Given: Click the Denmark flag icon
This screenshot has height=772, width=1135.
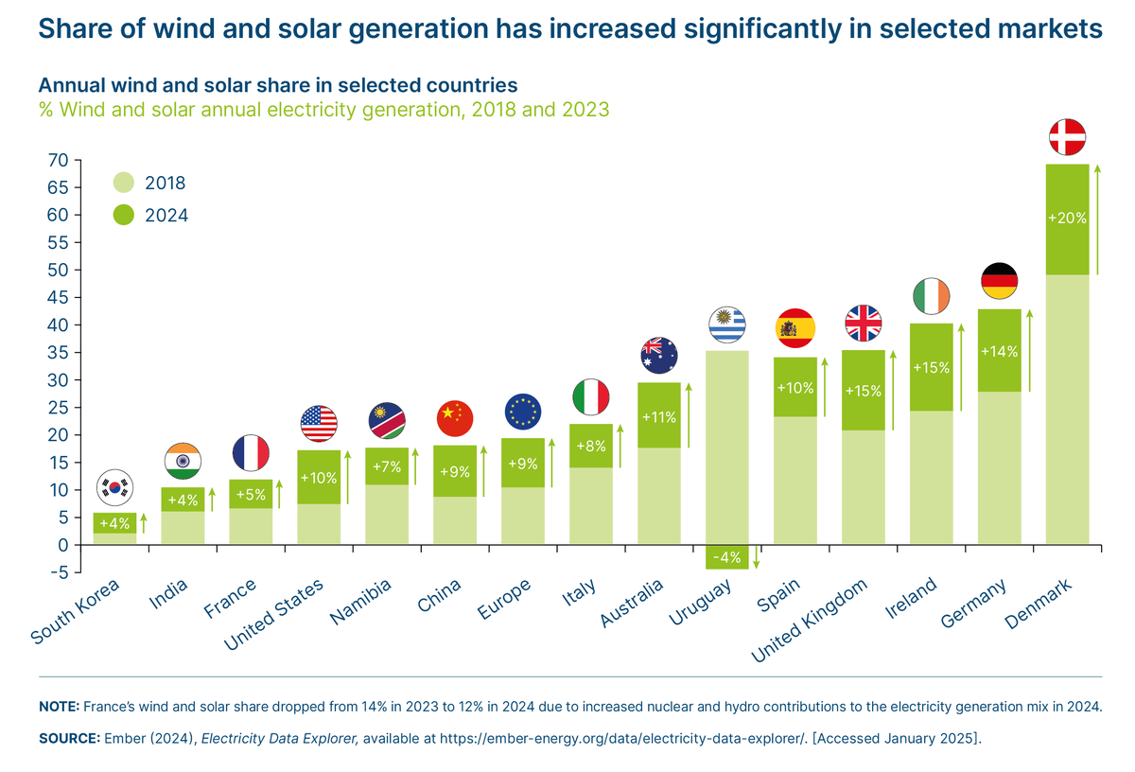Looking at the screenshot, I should click(1067, 137).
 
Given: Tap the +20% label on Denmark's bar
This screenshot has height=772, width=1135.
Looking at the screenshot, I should click(1067, 218).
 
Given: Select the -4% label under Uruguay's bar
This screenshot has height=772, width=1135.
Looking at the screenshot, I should click(726, 557).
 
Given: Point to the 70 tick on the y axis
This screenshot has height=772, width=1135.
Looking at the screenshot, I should click(57, 160).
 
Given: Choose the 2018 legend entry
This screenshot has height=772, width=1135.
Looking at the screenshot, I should click(165, 183).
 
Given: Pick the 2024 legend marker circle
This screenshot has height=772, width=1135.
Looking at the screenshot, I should click(124, 216).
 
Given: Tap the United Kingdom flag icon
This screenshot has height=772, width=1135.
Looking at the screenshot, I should click(863, 323).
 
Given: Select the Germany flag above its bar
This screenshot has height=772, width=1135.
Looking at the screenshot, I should click(999, 280).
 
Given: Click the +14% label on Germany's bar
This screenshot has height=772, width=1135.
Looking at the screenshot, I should click(999, 352).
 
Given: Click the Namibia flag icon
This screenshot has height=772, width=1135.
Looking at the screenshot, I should click(386, 420).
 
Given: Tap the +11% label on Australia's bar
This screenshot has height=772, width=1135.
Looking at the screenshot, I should click(658, 416).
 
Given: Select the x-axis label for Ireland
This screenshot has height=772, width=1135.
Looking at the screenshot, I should click(912, 598).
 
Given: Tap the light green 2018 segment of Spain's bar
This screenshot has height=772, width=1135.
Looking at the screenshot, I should click(794, 481).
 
